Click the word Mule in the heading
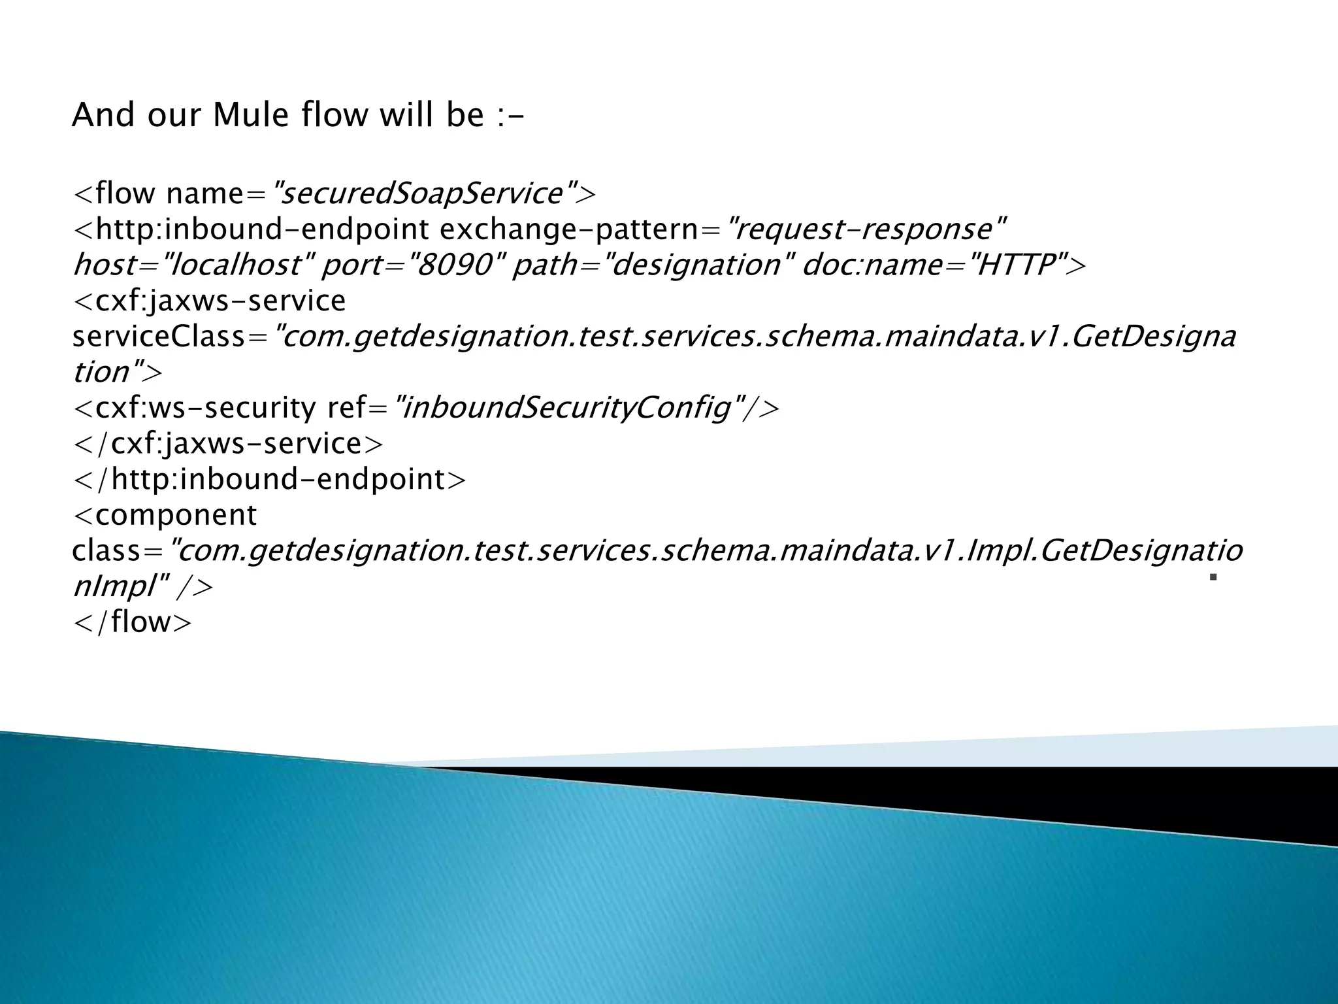click(x=251, y=116)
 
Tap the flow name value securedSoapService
click(x=422, y=193)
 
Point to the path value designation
click(x=696, y=265)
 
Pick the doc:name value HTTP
click(x=1015, y=265)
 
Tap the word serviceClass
click(x=161, y=337)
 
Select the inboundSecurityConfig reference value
click(x=566, y=408)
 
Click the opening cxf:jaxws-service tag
click(x=210, y=301)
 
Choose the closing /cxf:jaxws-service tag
click(x=229, y=444)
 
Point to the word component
click(x=176, y=515)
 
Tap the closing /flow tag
click(x=133, y=622)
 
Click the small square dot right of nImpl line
click(x=1213, y=577)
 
